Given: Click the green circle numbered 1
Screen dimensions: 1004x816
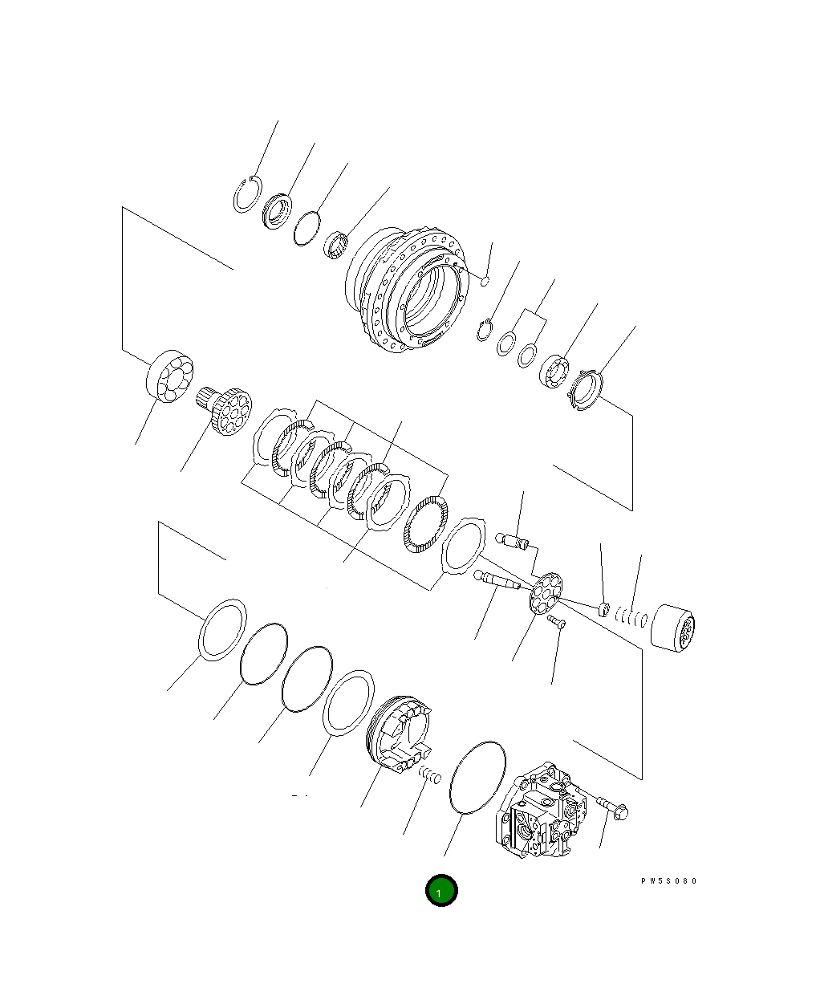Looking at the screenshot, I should [440, 890].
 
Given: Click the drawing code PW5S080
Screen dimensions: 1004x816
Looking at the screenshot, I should [668, 881].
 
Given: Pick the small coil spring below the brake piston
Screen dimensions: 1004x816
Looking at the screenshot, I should [431, 775].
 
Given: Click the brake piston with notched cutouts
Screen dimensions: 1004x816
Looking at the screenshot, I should [399, 734].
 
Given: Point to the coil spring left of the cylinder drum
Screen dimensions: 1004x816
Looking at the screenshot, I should [631, 619].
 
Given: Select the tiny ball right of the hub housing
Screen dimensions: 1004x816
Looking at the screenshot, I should [484, 280].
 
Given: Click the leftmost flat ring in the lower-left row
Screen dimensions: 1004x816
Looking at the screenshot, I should [221, 630].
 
